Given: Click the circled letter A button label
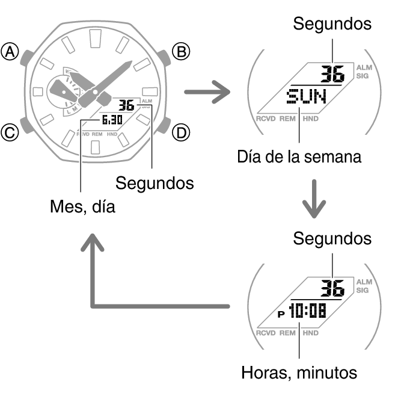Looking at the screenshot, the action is point(10,52).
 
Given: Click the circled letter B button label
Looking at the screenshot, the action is point(181,51).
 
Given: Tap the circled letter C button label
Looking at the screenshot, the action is point(10,133).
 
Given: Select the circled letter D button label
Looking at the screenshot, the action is point(181,133).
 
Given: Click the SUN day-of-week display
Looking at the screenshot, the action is point(307,96).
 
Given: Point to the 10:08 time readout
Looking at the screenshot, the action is point(307,311).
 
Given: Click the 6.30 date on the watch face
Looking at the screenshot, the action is point(112,120).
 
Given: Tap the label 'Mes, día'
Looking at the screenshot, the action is point(82,206).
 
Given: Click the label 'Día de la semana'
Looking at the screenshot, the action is point(299,156).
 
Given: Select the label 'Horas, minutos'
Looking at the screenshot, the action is point(299,373).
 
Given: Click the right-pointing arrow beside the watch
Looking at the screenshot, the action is point(207,92).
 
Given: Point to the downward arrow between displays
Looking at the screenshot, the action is point(314,199).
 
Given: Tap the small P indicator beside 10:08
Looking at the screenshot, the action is point(281,314).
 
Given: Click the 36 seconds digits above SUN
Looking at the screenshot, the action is point(332,73).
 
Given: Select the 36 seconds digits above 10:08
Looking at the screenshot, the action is point(332,288).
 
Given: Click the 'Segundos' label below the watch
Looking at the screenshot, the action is point(155,184).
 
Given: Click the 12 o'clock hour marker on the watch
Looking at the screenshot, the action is point(96,39).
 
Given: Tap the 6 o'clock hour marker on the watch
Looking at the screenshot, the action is point(96,147).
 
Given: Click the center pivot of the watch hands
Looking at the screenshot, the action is point(95,91).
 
